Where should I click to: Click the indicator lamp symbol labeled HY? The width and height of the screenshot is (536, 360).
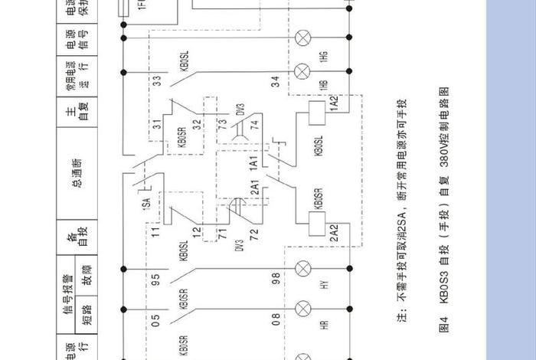304,268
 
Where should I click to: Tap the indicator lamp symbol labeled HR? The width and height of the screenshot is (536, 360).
304,310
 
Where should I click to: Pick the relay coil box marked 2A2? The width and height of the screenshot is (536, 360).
315,223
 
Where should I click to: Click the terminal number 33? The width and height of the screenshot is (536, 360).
157,79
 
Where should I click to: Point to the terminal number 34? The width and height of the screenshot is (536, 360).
275,79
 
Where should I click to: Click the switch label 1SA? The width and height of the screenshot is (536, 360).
145,205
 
